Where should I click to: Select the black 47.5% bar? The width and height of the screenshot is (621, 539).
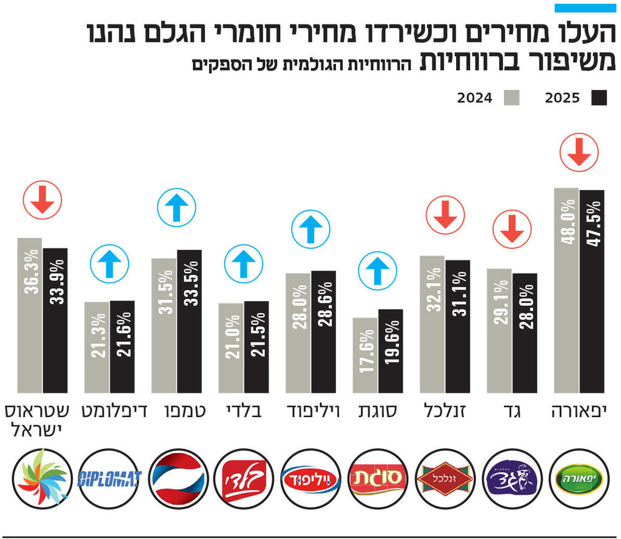tap(592, 291)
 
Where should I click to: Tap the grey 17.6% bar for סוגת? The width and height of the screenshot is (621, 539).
tap(365, 355)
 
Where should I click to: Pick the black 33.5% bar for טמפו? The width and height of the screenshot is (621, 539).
tap(189, 321)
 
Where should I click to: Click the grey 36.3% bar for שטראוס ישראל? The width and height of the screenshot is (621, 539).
tap(30, 315)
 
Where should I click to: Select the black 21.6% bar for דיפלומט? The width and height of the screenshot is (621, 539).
tap(122, 347)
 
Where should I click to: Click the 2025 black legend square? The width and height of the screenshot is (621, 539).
tap(599, 98)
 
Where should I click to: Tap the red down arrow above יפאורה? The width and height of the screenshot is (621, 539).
tap(579, 152)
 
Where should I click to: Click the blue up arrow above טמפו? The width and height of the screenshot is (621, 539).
tap(176, 208)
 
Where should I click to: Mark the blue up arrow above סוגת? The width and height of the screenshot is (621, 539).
tap(378, 272)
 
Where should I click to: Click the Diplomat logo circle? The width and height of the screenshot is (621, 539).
tap(110, 478)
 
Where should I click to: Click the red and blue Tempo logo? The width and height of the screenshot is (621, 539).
tap(177, 478)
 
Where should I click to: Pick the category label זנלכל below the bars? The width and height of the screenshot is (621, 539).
tap(445, 412)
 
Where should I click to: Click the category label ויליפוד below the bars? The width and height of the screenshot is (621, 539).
tap(311, 412)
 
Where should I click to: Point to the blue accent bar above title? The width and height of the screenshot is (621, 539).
tap(585, 8)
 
